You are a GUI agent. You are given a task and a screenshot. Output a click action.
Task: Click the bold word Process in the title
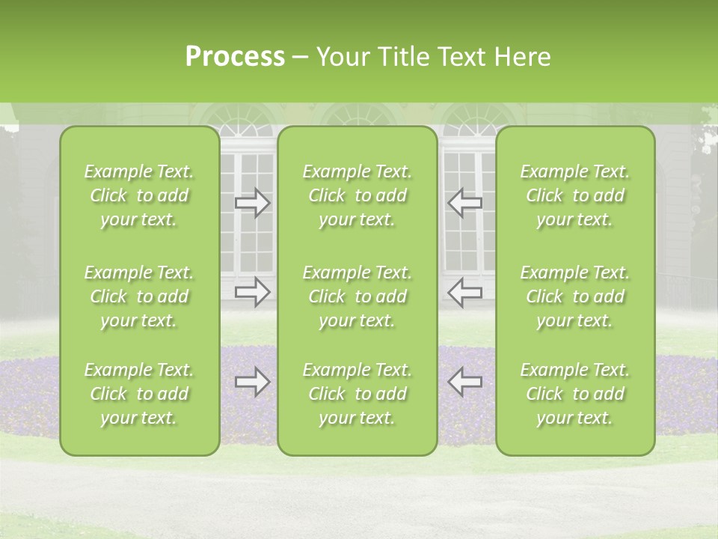tap(235, 57)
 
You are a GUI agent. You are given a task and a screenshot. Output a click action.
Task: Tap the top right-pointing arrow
tap(252, 203)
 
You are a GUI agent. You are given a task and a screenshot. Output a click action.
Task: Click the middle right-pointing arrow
tap(252, 292)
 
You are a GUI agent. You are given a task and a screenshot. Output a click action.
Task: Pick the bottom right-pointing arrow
tap(252, 383)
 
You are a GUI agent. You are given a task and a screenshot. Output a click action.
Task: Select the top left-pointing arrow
tap(464, 203)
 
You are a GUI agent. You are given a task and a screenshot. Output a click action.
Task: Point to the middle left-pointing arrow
tap(464, 292)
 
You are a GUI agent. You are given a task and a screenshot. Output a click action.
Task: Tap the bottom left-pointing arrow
tap(464, 383)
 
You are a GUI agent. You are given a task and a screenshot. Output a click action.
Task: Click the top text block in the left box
tap(139, 195)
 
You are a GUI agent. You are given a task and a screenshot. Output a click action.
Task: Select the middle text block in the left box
tap(139, 296)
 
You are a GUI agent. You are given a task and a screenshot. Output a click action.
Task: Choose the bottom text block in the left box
tap(139, 394)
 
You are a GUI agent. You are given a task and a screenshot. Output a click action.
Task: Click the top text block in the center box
tap(357, 195)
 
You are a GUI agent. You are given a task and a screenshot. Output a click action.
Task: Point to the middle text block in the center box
tap(357, 296)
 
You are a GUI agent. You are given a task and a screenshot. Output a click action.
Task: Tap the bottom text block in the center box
tap(357, 394)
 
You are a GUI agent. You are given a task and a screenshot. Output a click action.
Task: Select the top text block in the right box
tap(575, 195)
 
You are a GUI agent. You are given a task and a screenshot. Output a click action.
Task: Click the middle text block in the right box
tap(575, 296)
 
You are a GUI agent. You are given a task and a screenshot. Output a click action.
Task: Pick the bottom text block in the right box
tap(575, 394)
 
